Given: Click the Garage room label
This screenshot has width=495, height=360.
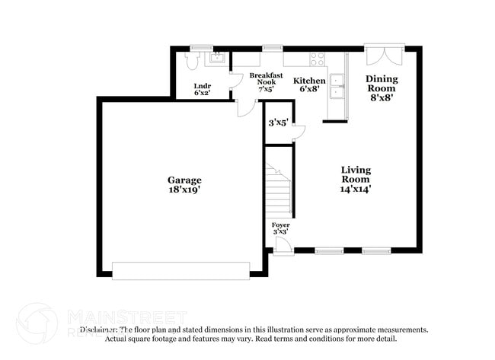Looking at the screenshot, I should [x=184, y=180].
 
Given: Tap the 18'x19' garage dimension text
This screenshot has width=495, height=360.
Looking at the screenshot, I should [x=184, y=190].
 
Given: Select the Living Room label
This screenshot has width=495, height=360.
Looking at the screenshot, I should [x=356, y=174].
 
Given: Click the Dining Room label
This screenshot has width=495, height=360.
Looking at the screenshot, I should [x=382, y=83].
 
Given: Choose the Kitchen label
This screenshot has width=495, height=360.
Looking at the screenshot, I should [x=310, y=81].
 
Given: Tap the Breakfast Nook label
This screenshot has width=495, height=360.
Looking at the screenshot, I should [x=267, y=79].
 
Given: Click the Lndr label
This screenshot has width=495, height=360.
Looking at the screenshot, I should [x=202, y=86].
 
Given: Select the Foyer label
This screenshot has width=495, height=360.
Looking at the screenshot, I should [x=280, y=225].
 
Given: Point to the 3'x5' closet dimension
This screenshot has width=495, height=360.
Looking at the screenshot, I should [x=278, y=123].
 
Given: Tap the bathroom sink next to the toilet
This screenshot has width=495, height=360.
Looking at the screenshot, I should [x=217, y=57].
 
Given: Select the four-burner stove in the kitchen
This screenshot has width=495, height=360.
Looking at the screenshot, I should [x=317, y=57].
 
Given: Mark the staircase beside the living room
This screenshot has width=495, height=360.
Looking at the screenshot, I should [x=278, y=192].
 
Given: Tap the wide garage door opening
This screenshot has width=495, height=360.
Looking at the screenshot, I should [x=180, y=270].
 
